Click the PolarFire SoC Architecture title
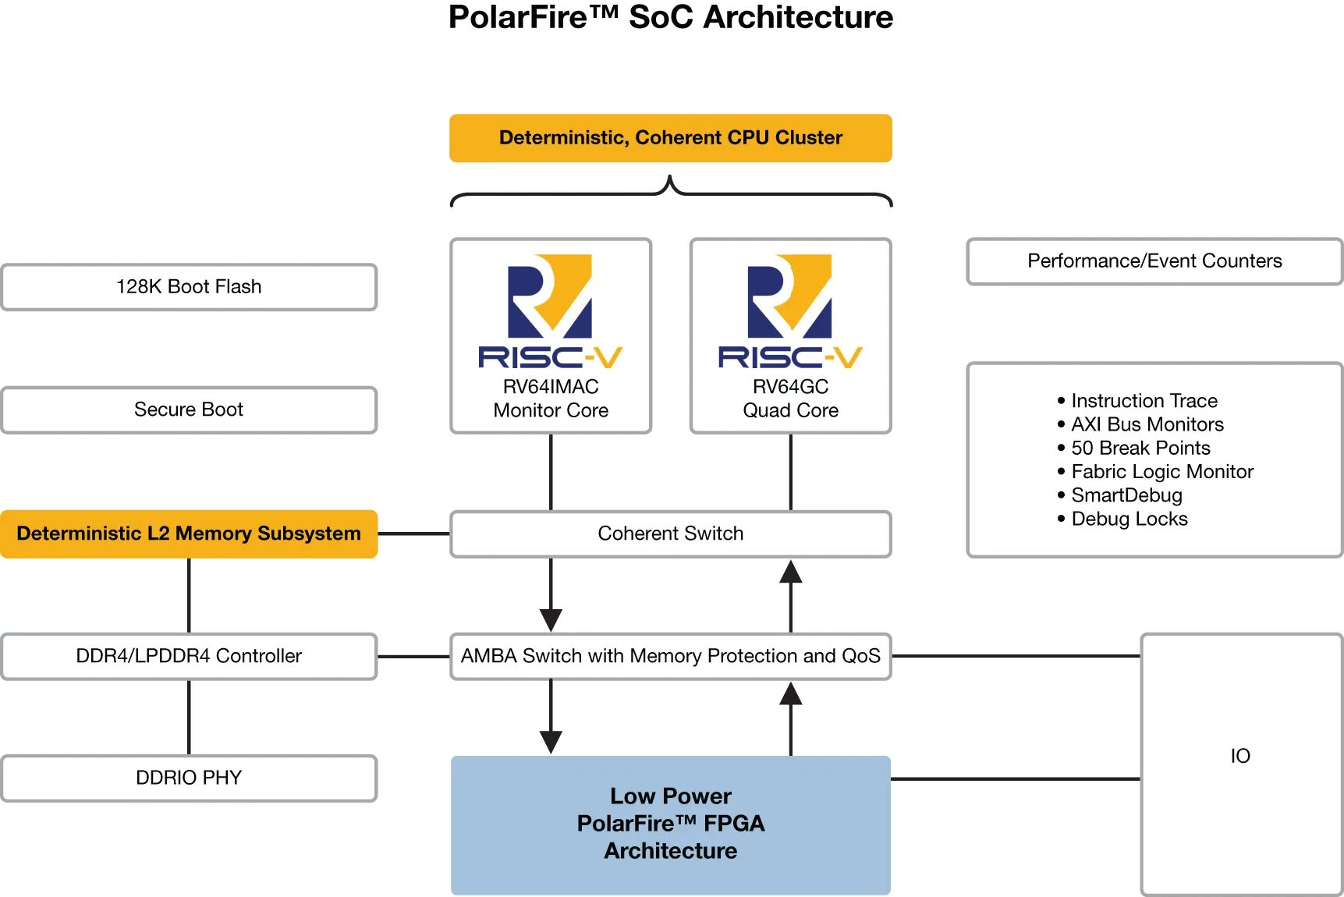click(x=670, y=17)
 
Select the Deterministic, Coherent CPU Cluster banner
click(x=670, y=138)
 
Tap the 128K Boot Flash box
click(x=189, y=287)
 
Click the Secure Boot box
click(x=189, y=409)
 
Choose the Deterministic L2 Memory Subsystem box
click(x=189, y=534)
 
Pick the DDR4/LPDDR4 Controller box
click(x=189, y=656)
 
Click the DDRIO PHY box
click(x=189, y=778)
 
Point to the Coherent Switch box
click(x=670, y=534)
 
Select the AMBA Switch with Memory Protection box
click(x=670, y=656)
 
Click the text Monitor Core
click(x=551, y=410)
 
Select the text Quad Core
click(x=790, y=410)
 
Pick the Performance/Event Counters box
click(x=1154, y=261)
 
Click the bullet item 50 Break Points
click(x=1140, y=448)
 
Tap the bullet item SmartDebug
click(x=1126, y=495)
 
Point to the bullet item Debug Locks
click(x=1129, y=519)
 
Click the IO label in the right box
click(x=1240, y=756)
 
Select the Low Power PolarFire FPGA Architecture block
click(x=670, y=824)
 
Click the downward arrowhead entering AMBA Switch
click(x=551, y=620)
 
